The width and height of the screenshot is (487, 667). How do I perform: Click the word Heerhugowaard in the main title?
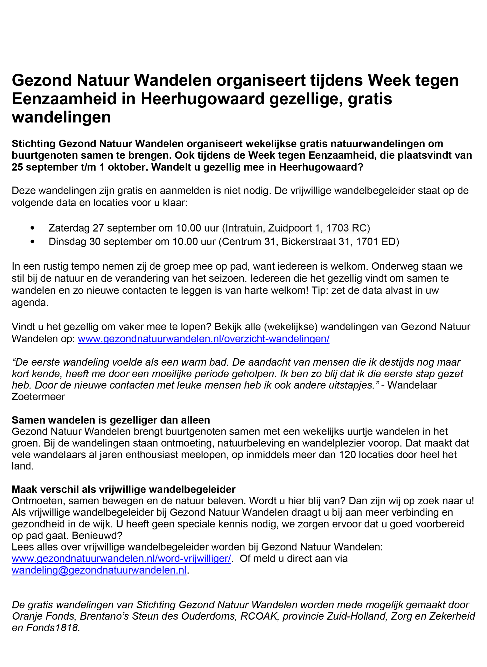click(x=202, y=99)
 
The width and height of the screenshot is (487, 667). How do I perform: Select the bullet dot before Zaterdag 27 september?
click(x=32, y=228)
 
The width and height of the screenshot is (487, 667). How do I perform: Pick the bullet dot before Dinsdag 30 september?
click(x=32, y=242)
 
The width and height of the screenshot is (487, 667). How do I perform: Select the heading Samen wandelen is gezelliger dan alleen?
click(x=111, y=420)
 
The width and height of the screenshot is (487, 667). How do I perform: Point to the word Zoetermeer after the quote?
click(x=38, y=397)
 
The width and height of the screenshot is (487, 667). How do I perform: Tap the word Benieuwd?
click(x=97, y=535)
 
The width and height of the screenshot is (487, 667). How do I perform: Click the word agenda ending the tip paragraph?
click(x=30, y=303)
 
